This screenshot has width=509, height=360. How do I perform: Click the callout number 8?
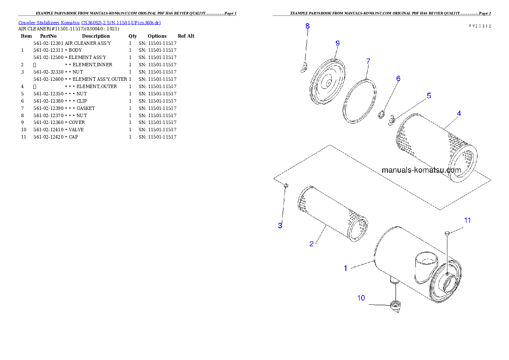point(307,26)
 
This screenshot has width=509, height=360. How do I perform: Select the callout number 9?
point(337,43)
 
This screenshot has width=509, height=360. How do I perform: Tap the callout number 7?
point(368,61)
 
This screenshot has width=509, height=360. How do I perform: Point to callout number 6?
point(398,79)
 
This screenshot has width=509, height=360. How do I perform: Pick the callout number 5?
point(429,96)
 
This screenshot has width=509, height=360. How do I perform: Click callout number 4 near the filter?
point(459,114)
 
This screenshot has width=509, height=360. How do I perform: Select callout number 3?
point(280,226)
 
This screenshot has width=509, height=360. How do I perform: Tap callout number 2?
point(311,244)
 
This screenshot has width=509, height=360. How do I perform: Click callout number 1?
point(346,268)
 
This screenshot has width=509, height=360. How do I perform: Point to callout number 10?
point(361,298)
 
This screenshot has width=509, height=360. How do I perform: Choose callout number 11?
point(468,220)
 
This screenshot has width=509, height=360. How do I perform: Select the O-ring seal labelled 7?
point(360,102)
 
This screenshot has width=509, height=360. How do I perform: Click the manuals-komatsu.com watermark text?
point(421,170)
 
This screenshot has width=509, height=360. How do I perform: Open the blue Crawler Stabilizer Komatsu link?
point(89,23)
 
